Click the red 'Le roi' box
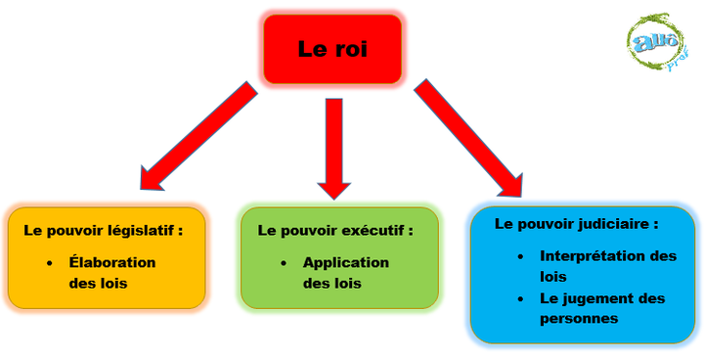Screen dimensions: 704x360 click(x=331, y=49)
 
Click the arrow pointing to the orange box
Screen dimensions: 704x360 click(x=196, y=137)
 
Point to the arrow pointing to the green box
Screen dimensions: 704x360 click(x=333, y=147)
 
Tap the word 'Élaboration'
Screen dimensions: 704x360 click(x=112, y=262)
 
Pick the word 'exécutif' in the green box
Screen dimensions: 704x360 click(x=379, y=231)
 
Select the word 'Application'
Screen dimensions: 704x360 click(x=345, y=262)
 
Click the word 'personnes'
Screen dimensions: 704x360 click(x=579, y=318)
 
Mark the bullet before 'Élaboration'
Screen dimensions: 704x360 click(x=49, y=263)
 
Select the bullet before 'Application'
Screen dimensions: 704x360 click(x=283, y=263)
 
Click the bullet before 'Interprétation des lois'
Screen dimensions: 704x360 click(x=519, y=256)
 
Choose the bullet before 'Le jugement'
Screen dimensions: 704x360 click(x=519, y=298)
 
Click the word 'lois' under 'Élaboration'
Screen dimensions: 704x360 click(x=113, y=284)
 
